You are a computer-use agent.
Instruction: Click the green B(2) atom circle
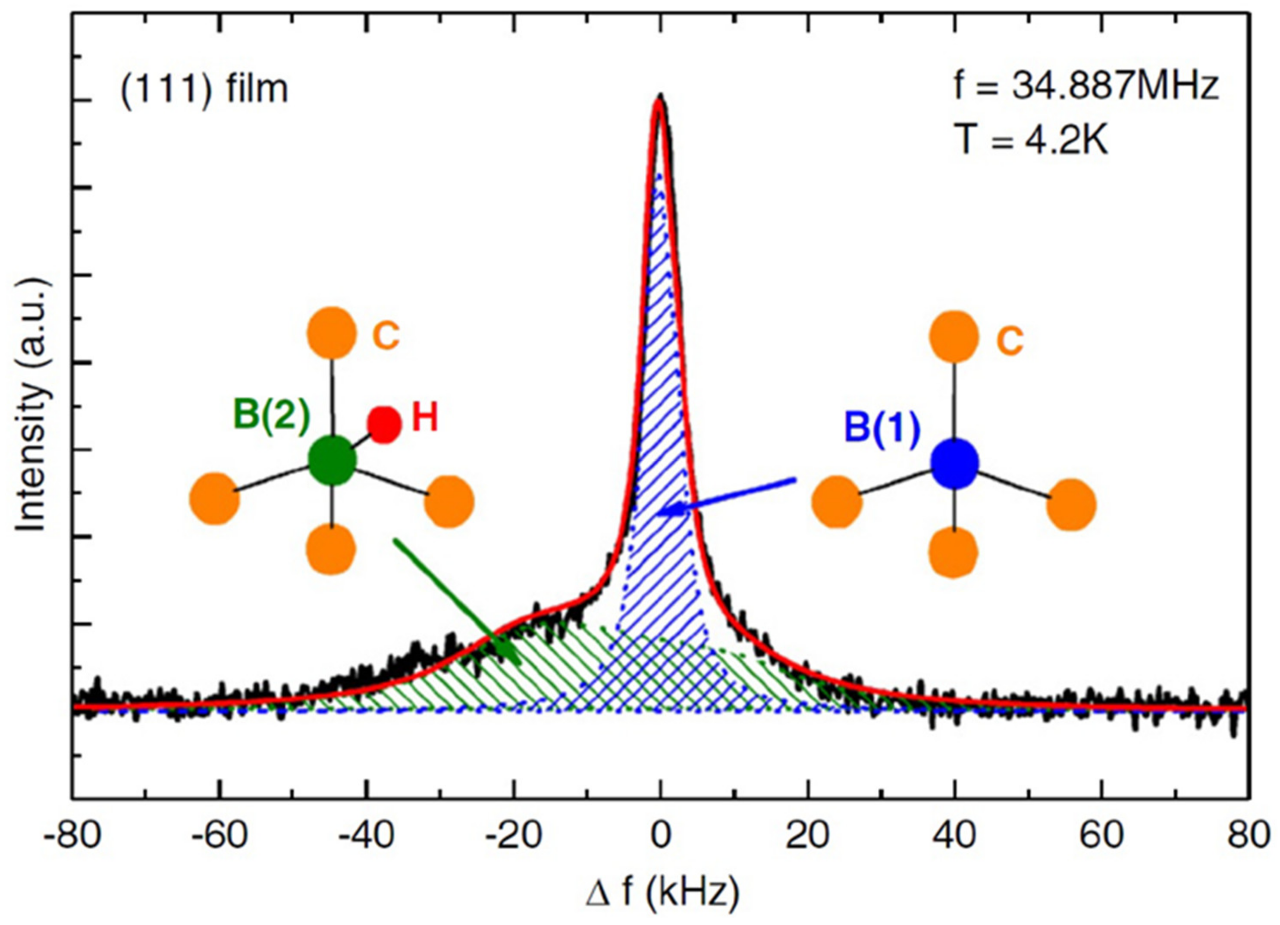point(333,461)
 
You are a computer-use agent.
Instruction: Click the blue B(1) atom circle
point(954,464)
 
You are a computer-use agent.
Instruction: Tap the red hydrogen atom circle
point(384,424)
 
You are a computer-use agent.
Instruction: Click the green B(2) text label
point(271,415)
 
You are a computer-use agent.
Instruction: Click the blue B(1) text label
point(882,428)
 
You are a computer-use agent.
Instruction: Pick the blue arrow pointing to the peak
point(728,497)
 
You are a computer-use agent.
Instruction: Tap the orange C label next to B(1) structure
point(1009,342)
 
